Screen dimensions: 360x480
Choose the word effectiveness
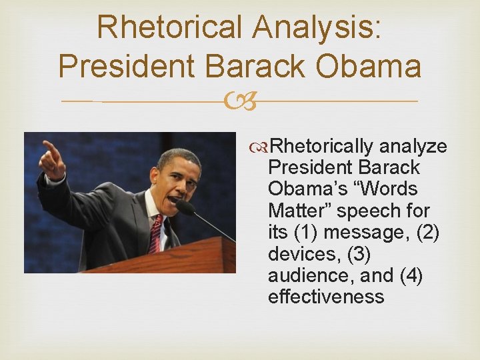(326, 297)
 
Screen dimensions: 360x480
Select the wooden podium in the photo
(167, 257)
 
